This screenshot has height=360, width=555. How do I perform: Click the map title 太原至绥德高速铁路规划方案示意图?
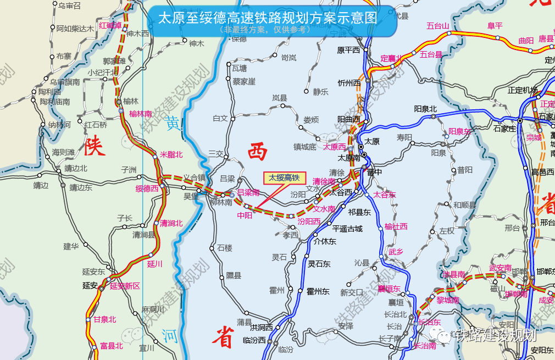tap(268, 18)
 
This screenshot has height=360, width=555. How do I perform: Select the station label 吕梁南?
tap(248, 192)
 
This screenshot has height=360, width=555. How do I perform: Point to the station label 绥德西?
tap(147, 189)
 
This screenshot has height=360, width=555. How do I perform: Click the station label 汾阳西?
tap(309, 221)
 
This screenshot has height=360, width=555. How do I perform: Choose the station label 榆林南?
tap(140, 114)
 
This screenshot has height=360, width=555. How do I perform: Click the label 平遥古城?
tap(347, 229)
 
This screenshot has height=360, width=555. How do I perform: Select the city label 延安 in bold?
tap(90, 286)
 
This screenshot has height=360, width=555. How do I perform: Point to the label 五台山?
tap(438, 26)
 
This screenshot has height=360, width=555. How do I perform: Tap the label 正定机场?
tap(523, 90)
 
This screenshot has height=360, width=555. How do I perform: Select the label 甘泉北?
tap(104, 319)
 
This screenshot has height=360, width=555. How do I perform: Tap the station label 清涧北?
tap(171, 223)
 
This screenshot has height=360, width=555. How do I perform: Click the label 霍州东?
tap(318, 291)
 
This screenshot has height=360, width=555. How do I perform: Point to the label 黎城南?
tap(448, 300)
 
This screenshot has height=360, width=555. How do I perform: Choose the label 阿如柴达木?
tap(75, 29)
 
